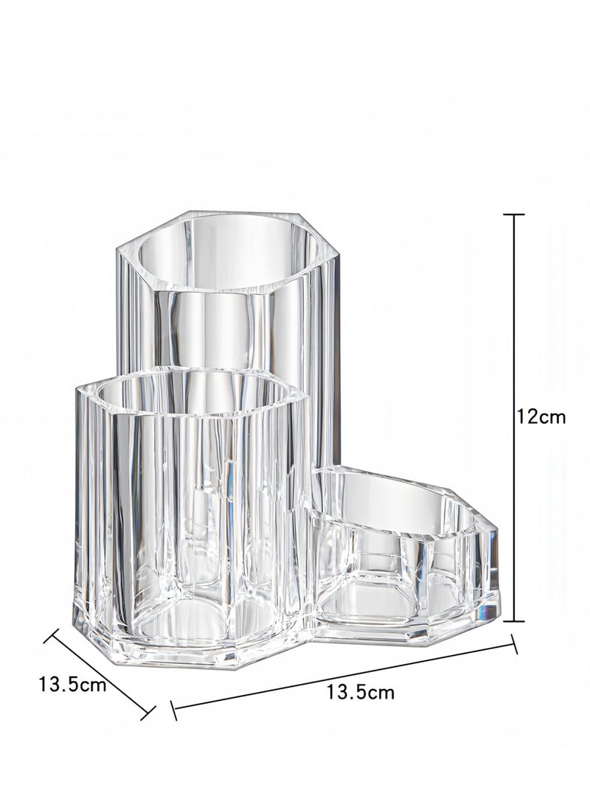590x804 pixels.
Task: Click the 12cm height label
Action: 541,417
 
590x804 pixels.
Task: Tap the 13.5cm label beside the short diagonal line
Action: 73,684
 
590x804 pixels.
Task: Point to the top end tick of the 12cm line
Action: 514,214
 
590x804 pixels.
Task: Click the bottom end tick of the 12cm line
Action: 514,621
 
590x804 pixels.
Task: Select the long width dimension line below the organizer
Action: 344,677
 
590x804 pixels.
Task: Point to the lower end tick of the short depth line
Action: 147,711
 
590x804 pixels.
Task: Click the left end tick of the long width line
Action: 173,710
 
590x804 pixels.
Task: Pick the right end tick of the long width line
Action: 514,645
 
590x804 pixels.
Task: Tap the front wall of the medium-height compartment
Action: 184,516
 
